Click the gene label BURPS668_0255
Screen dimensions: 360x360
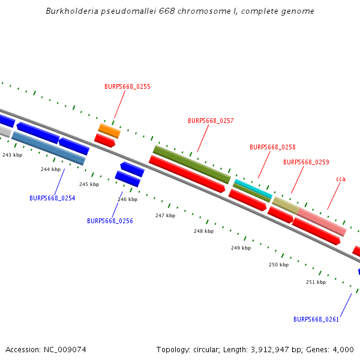(127, 86)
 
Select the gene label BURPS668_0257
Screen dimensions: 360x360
(211, 121)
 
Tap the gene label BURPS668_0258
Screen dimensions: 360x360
(272, 147)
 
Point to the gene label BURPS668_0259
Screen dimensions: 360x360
(306, 162)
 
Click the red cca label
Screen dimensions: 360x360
(341, 179)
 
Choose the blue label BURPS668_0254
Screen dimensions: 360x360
(52, 198)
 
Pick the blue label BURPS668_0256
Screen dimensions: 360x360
(110, 221)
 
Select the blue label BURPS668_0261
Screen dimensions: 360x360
(316, 319)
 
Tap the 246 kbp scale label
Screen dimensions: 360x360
(127, 199)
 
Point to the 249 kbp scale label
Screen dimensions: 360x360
(241, 248)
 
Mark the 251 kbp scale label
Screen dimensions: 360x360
(316, 282)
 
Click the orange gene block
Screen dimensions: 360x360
(109, 130)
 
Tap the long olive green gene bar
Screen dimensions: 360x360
(191, 164)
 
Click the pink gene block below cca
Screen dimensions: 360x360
(322, 222)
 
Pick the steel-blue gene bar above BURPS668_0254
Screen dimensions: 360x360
(48, 148)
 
